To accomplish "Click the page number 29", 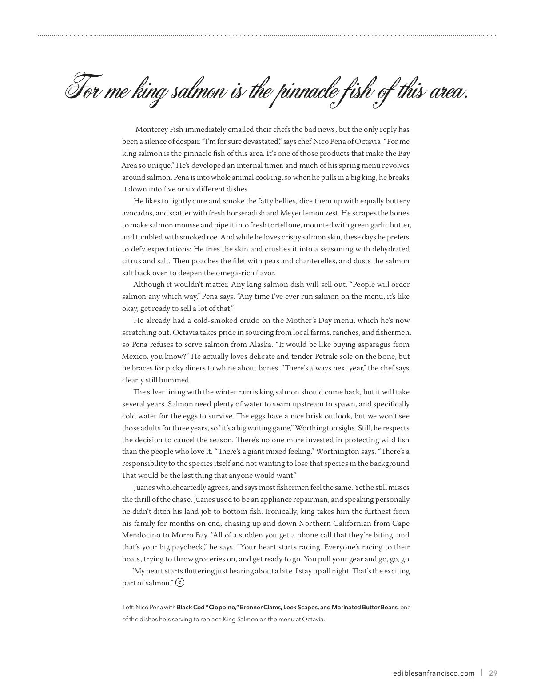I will coord(493,673).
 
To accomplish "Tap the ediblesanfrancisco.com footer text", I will coord(434,673).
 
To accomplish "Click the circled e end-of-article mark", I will coord(180,582).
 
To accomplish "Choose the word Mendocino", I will coord(141,535).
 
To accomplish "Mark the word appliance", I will coord(274,500).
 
